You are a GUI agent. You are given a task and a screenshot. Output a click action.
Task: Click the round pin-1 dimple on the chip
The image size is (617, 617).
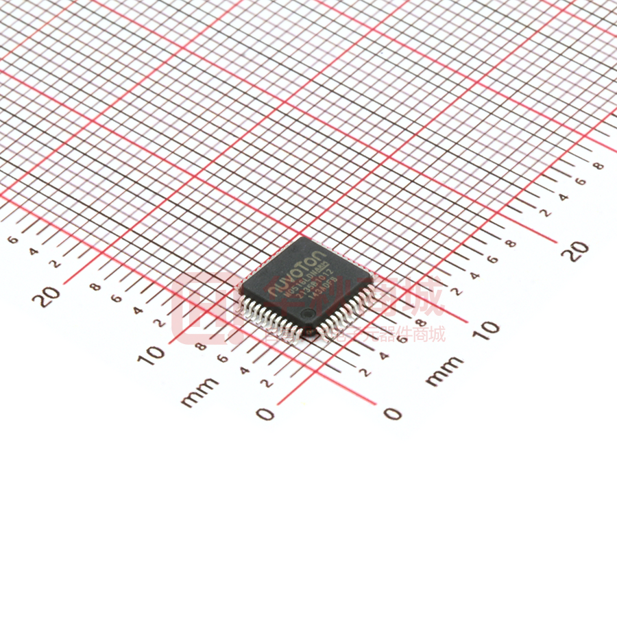click(310, 315)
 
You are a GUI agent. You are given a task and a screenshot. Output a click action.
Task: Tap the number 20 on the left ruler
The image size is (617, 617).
click(49, 296)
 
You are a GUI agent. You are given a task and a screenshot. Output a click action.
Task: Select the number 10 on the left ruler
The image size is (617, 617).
click(155, 354)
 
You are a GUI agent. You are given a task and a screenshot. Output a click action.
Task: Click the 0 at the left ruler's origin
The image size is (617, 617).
click(265, 413)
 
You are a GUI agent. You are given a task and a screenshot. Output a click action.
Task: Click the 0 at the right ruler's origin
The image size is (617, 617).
click(392, 413)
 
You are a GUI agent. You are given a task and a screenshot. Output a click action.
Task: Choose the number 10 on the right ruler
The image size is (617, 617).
click(487, 328)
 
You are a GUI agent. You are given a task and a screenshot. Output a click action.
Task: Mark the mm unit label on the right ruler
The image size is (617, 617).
click(444, 371)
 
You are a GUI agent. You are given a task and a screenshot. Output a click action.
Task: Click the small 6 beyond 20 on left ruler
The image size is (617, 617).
click(13, 240)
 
